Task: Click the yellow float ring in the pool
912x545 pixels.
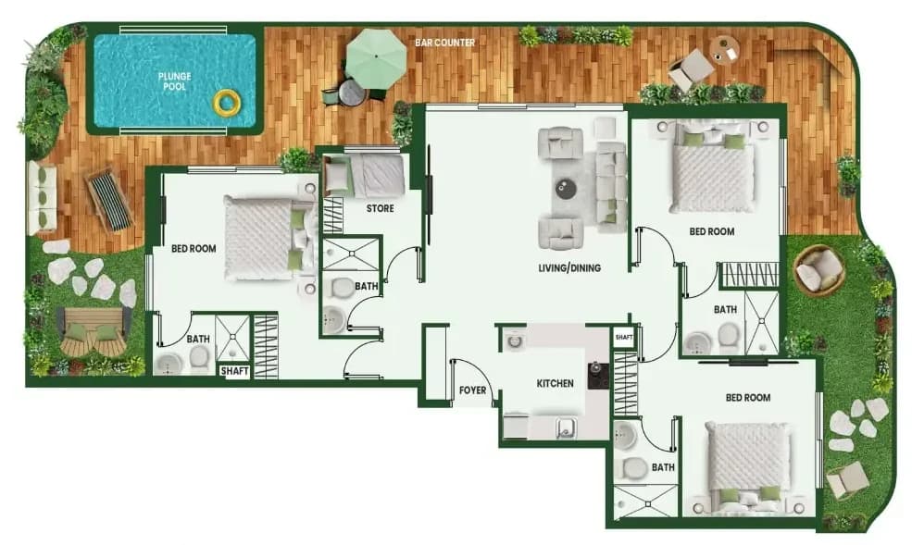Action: [227, 103]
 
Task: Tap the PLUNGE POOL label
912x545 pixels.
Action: [174, 81]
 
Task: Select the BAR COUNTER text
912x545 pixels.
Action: [445, 43]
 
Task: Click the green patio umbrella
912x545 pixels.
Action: [376, 58]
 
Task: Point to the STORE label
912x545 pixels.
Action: [380, 208]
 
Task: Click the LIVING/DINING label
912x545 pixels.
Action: [569, 267]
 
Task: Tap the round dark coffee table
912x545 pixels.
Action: [566, 189]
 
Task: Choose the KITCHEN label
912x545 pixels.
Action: [555, 383]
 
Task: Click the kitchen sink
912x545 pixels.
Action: [566, 428]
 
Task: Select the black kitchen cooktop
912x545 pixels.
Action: [598, 376]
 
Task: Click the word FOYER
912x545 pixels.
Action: [472, 390]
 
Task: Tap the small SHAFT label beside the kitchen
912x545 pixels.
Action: [623, 337]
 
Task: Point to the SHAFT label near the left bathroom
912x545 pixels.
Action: [234, 371]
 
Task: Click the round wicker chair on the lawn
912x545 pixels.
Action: [818, 269]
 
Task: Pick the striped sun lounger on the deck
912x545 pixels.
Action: [108, 198]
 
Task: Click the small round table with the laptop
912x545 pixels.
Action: [725, 51]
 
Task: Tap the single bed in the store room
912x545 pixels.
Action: [364, 176]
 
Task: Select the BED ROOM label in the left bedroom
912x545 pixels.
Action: [194, 249]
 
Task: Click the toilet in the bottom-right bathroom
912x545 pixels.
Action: [634, 466]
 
